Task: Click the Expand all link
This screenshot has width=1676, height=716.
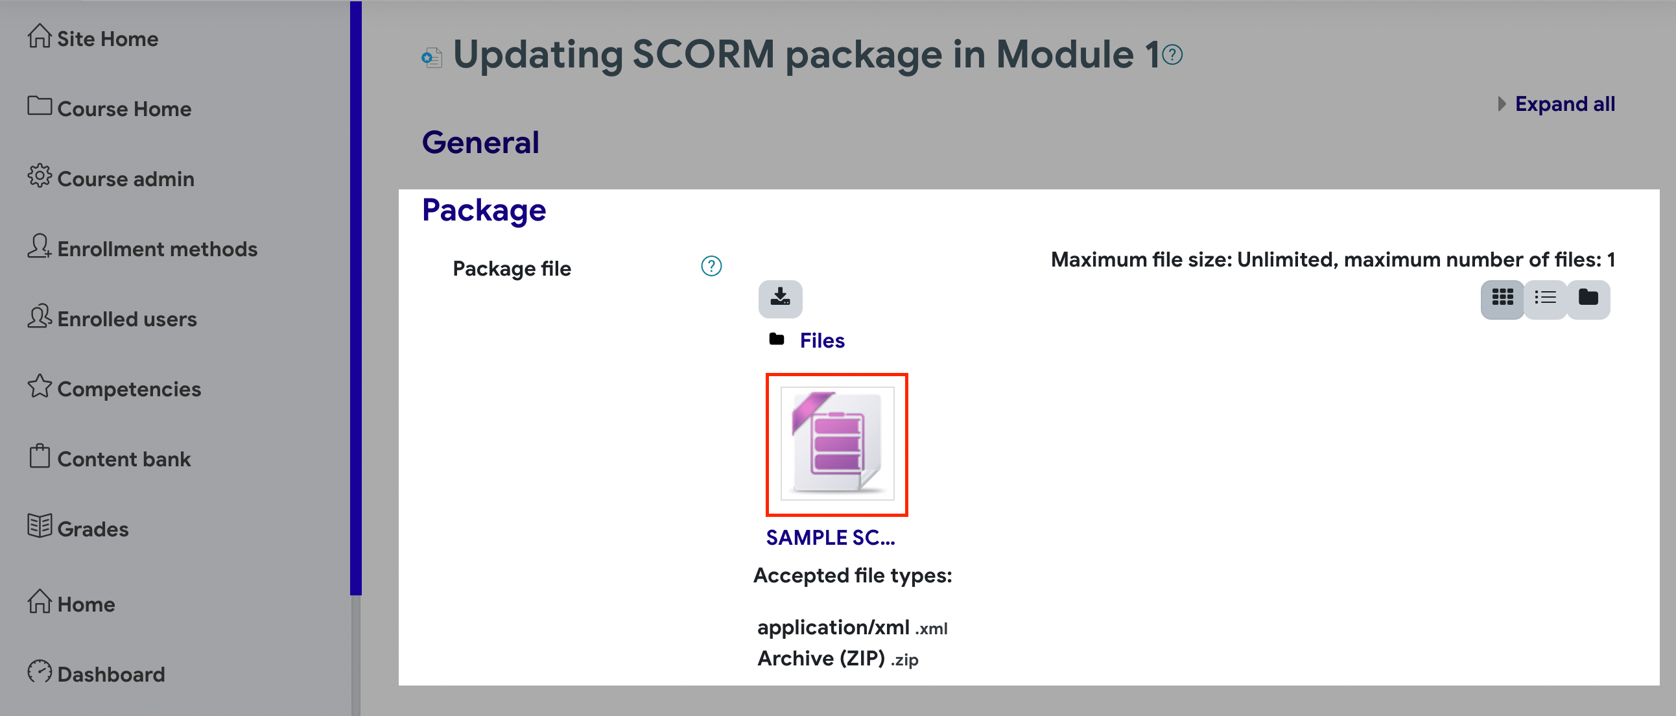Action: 1564,104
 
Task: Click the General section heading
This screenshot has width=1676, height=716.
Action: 481,143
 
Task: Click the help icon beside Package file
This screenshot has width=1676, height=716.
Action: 711,266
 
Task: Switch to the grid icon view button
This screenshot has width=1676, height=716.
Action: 1502,298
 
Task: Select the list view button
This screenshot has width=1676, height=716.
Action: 1545,298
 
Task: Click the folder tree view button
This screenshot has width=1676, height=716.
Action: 1588,298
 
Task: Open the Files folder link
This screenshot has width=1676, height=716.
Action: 821,340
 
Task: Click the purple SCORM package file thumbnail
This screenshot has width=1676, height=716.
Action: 836,444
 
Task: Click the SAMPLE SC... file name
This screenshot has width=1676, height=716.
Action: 830,538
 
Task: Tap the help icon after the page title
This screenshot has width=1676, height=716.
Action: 1172,54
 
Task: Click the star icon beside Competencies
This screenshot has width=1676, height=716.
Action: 39,387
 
